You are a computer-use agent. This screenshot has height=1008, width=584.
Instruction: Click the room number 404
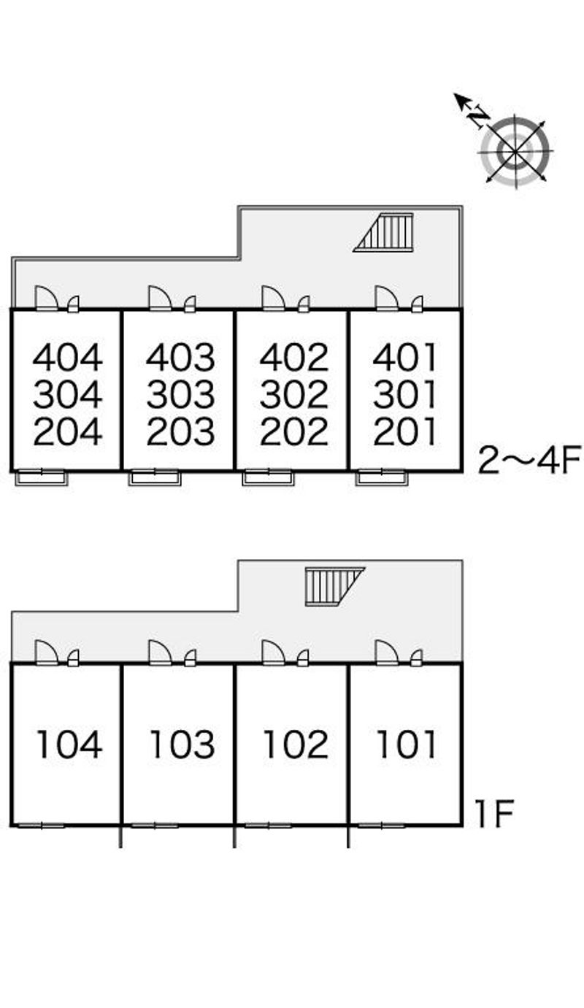pyautogui.click(x=68, y=358)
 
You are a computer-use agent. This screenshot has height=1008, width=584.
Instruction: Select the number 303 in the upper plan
pyautogui.click(x=180, y=395)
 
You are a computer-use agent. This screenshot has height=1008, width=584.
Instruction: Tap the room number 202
pyautogui.click(x=294, y=432)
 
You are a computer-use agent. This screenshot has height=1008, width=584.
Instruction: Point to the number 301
pyautogui.click(x=405, y=395)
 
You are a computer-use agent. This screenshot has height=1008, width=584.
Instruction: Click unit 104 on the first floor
pyautogui.click(x=69, y=745)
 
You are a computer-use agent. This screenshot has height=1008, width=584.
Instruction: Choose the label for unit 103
pyautogui.click(x=182, y=745)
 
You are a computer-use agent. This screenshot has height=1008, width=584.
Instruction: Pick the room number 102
pyautogui.click(x=295, y=745)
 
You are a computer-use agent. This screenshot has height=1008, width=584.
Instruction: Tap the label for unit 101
pyautogui.click(x=406, y=745)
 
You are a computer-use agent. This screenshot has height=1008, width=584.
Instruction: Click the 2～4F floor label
pyautogui.click(x=529, y=461)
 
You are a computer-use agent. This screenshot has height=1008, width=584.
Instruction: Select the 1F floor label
pyautogui.click(x=495, y=815)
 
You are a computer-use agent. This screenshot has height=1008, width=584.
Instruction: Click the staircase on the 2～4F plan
pyautogui.click(x=385, y=233)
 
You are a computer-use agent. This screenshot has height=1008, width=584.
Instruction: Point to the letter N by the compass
pyautogui.click(x=479, y=116)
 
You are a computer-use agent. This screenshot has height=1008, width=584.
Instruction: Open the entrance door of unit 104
pyautogui.click(x=46, y=652)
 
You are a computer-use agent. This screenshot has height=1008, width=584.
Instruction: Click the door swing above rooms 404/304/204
pyautogui.click(x=47, y=299)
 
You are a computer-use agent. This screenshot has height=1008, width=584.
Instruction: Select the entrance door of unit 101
pyautogui.click(x=386, y=652)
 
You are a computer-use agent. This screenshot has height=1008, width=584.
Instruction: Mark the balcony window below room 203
pyautogui.click(x=155, y=478)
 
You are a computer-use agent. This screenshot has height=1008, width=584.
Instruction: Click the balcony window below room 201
pyautogui.click(x=382, y=478)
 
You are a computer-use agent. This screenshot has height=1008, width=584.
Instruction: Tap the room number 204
pyautogui.click(x=68, y=432)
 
